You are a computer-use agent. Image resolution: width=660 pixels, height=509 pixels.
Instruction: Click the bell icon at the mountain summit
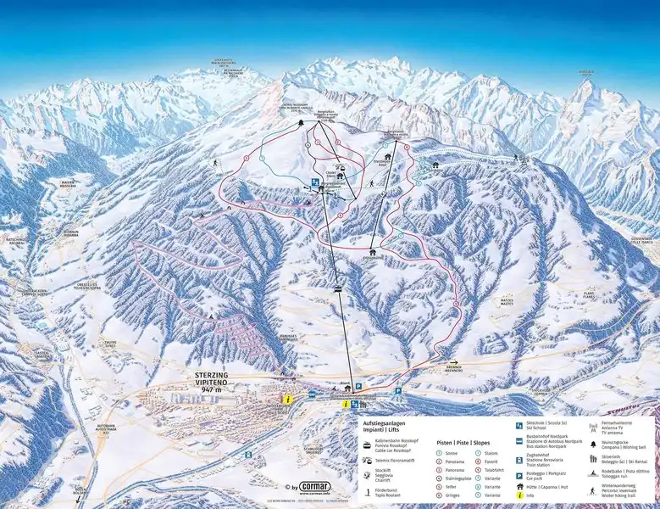pos(302,125)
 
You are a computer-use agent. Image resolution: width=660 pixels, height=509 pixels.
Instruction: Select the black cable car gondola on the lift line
pos(338,289)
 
